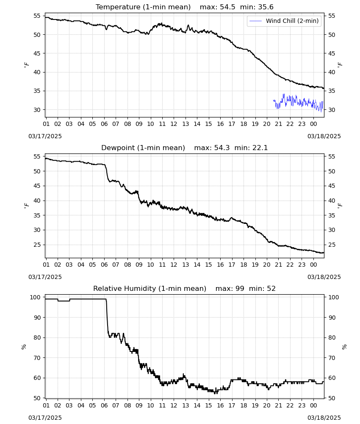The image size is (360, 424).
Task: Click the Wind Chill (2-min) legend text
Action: (x=292, y=21)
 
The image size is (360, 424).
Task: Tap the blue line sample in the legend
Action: (x=255, y=21)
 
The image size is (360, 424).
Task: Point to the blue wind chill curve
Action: (x=298, y=102)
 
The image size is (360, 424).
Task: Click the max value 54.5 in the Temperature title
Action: (x=227, y=7)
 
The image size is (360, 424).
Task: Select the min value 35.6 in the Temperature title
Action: (x=266, y=7)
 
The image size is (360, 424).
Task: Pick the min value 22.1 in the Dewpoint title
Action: (x=260, y=148)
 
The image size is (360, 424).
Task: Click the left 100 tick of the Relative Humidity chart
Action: (x=35, y=297)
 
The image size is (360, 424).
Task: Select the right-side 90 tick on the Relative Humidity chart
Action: (x=332, y=318)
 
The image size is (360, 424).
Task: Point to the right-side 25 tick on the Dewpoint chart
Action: (x=331, y=245)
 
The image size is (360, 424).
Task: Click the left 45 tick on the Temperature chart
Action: (x=37, y=53)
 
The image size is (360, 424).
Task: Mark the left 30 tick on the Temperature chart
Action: (x=37, y=110)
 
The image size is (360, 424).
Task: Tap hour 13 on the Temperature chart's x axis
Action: (x=186, y=124)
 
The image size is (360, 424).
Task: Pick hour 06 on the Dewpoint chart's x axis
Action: (x=104, y=265)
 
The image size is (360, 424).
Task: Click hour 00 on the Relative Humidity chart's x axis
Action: (x=313, y=406)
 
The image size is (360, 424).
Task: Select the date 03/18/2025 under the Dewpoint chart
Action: (x=324, y=277)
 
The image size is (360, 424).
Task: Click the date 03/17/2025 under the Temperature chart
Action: (x=45, y=136)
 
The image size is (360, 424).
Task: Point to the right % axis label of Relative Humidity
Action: (x=344, y=347)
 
